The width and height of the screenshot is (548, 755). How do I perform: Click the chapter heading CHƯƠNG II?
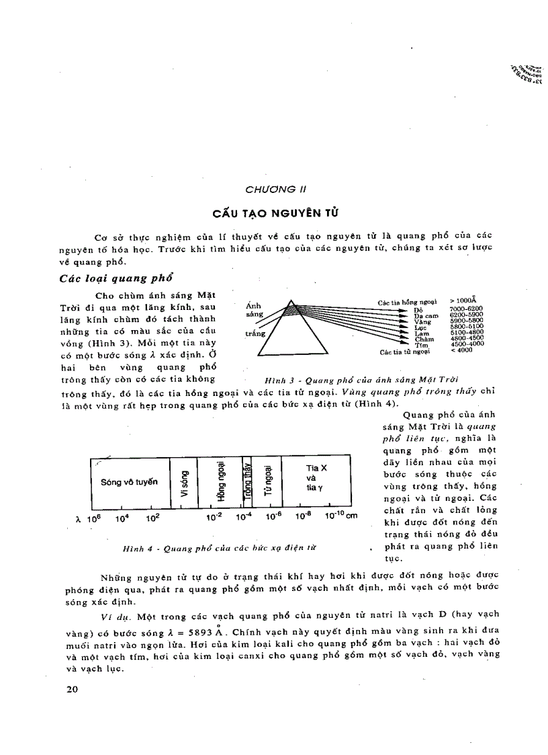coord(275,189)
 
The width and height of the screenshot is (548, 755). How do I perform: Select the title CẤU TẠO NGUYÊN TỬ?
coord(275,213)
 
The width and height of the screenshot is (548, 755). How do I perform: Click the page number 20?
coord(74,690)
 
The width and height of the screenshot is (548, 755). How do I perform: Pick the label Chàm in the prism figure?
coord(424,340)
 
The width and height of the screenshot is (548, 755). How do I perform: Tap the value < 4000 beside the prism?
coord(461,350)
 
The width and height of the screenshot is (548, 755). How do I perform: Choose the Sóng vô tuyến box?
coord(129,482)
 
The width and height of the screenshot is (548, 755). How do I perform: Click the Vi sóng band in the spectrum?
coord(183,482)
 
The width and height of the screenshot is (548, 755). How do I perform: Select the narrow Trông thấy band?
coord(247,482)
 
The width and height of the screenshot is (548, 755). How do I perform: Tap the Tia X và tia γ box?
coord(316,482)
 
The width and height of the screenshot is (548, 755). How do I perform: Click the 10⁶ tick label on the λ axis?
coord(93,518)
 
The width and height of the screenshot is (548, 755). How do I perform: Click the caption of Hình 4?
coord(219,549)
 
